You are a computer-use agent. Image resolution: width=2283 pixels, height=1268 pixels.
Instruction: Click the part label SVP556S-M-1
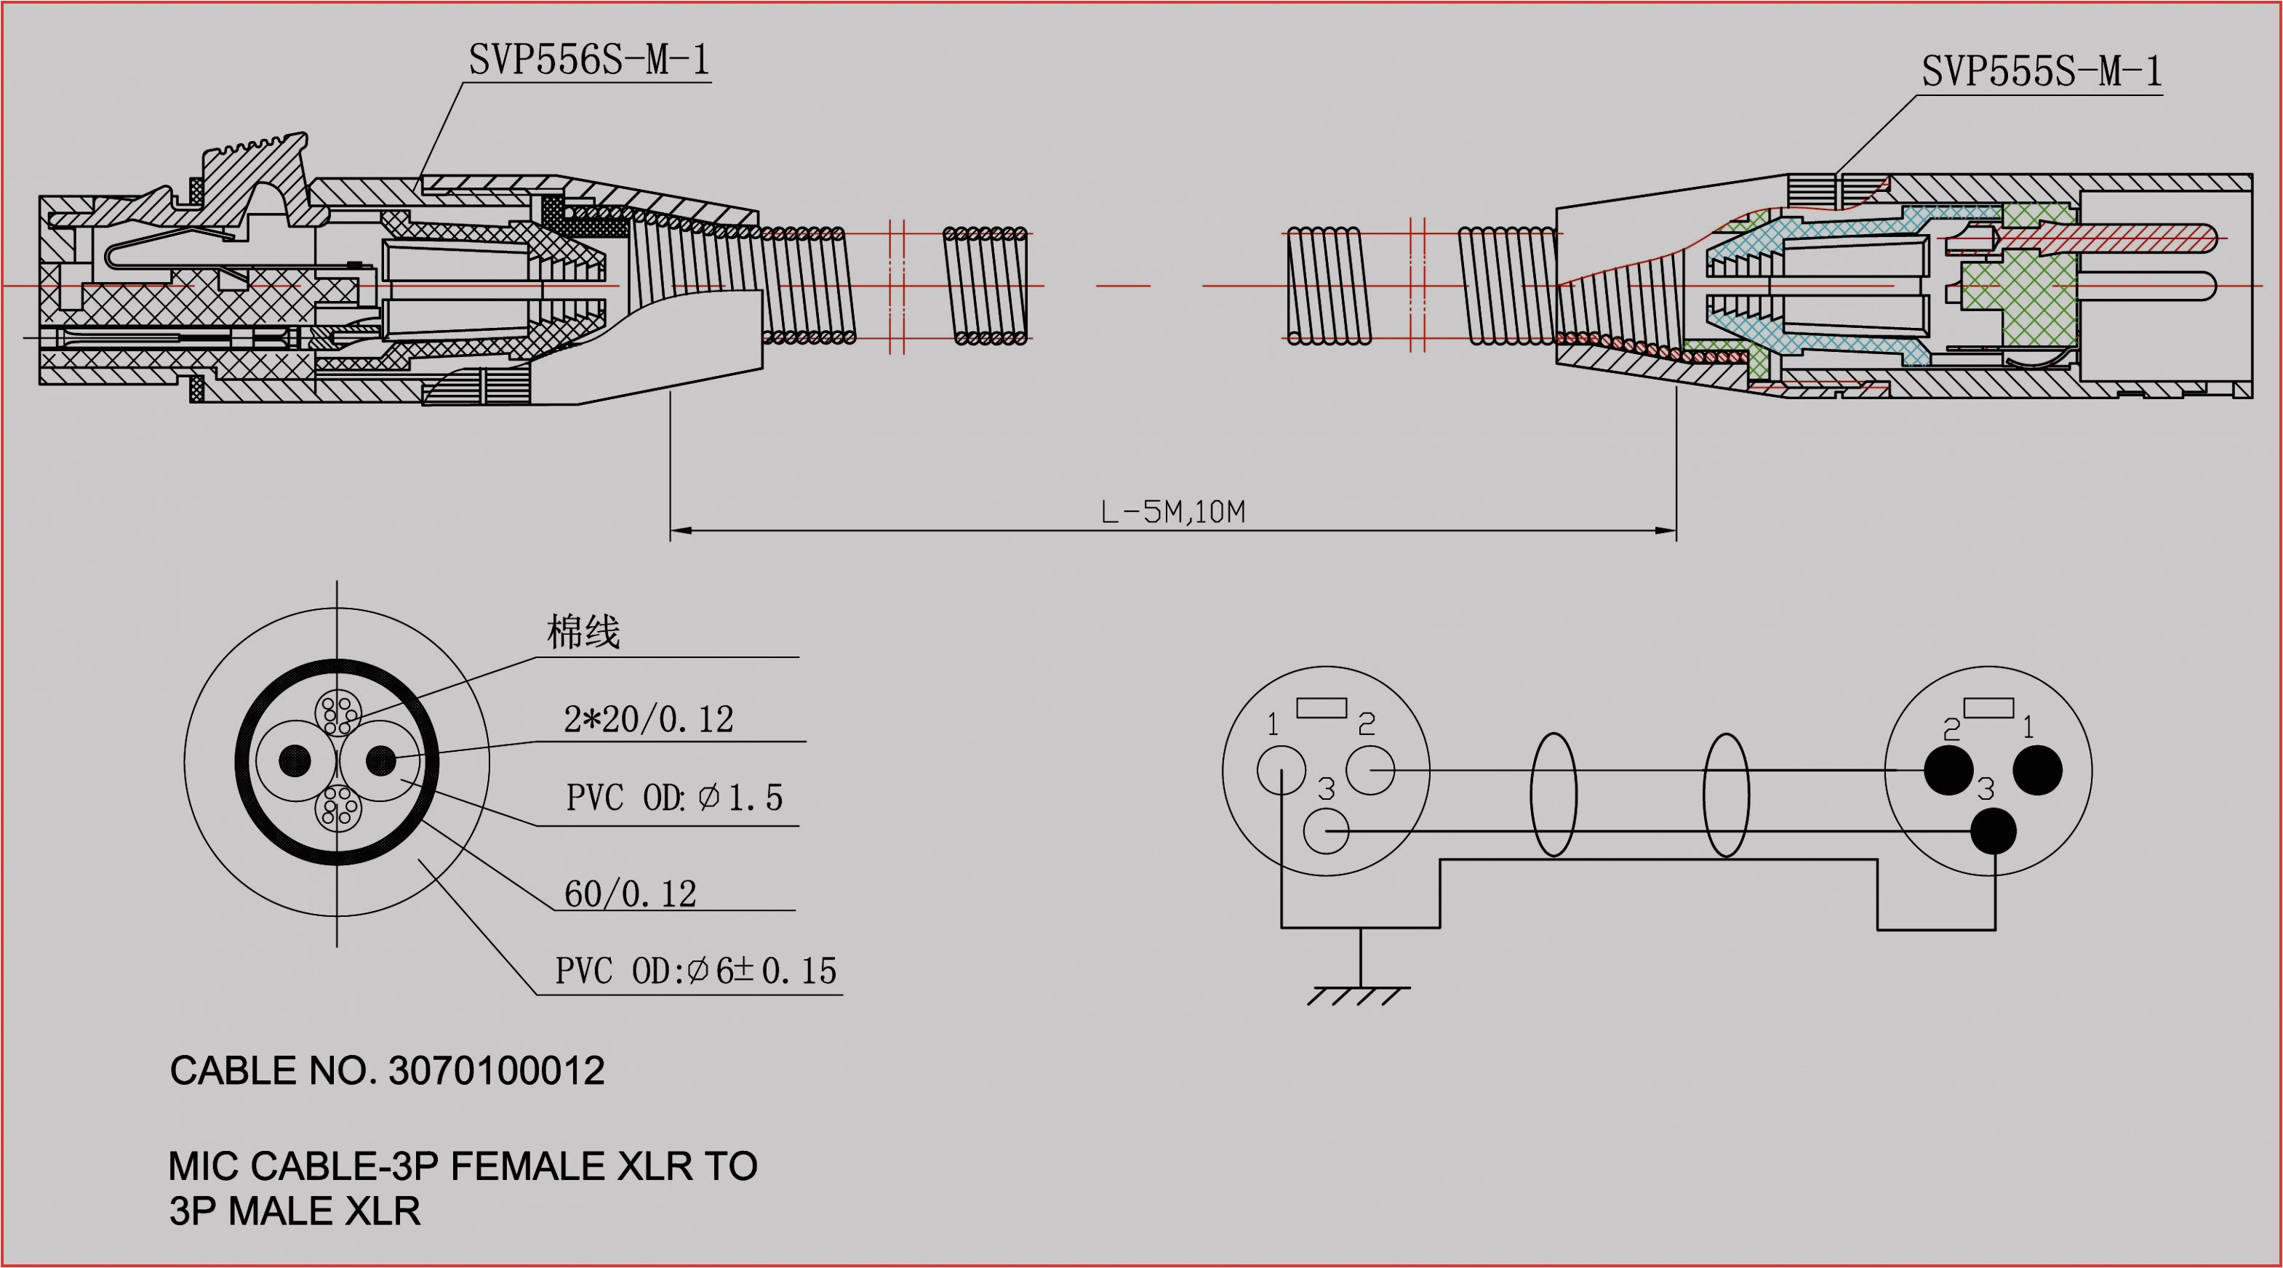pos(589,60)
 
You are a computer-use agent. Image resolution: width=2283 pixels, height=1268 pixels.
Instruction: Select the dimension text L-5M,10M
pos(1172,512)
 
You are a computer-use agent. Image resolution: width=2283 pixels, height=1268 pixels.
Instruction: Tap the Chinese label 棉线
pos(583,632)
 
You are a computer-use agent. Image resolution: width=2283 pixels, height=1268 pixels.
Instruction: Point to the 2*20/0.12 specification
pos(649,718)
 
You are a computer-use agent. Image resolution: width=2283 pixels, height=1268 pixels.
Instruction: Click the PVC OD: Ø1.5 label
pos(673,798)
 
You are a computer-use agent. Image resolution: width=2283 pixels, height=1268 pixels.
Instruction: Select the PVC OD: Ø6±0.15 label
pos(696,971)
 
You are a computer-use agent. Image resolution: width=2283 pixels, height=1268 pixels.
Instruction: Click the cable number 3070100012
pos(496,1070)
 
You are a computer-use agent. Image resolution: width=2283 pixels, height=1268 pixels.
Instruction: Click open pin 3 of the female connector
pos(1326,831)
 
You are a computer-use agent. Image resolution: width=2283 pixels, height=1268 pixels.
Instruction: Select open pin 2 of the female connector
pos(1370,770)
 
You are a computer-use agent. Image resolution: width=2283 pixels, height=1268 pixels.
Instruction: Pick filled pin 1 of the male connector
pos(2037,770)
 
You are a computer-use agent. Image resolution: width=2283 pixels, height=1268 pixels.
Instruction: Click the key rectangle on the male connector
pos(1988,707)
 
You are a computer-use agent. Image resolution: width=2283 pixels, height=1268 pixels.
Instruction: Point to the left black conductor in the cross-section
pos(295,761)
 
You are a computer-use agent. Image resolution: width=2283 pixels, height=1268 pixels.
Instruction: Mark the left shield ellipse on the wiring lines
pos(1554,795)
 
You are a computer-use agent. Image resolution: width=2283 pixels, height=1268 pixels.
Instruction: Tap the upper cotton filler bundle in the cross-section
pos(337,712)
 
